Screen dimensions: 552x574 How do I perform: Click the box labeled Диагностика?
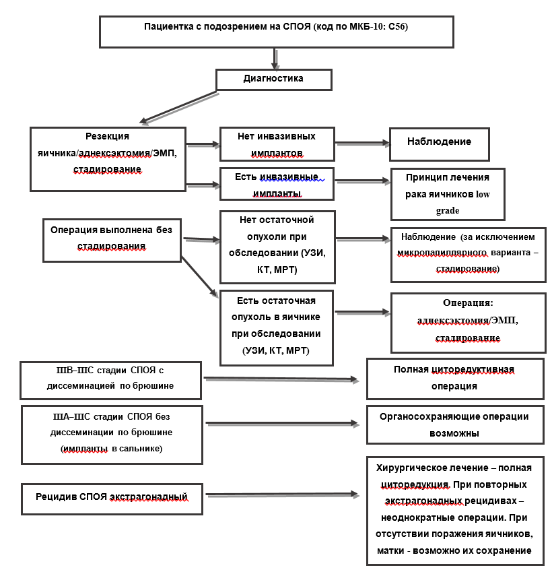pyautogui.click(x=273, y=79)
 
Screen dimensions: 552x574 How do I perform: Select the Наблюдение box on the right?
pyautogui.click(x=440, y=144)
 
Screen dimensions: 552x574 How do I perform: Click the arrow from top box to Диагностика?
pyautogui.click(x=275, y=59)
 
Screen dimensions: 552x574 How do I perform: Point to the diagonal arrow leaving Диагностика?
pyautogui.click(x=178, y=107)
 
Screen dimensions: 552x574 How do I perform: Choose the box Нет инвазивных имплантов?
pyautogui.click(x=277, y=144)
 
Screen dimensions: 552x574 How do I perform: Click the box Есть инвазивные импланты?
pyautogui.click(x=277, y=184)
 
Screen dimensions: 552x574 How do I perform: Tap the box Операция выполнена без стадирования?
pyautogui.click(x=112, y=240)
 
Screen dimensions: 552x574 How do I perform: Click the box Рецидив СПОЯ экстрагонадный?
pyautogui.click(x=112, y=499)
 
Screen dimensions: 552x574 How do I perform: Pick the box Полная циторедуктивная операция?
pyautogui.click(x=455, y=379)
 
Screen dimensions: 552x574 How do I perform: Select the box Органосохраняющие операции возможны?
pyautogui.click(x=455, y=425)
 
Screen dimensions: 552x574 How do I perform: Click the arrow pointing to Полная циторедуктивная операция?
pyautogui.click(x=281, y=379)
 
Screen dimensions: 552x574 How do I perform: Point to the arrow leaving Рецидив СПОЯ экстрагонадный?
pyautogui.click(x=283, y=495)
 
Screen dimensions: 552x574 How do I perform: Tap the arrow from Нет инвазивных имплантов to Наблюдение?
pyautogui.click(x=362, y=143)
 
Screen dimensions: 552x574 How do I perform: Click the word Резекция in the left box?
pyautogui.click(x=107, y=136)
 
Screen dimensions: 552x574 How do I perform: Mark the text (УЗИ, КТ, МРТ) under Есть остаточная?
pyautogui.click(x=276, y=350)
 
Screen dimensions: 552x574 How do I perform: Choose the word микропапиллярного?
pyautogui.click(x=442, y=253)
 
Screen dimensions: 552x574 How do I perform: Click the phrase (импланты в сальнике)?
pyautogui.click(x=111, y=449)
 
